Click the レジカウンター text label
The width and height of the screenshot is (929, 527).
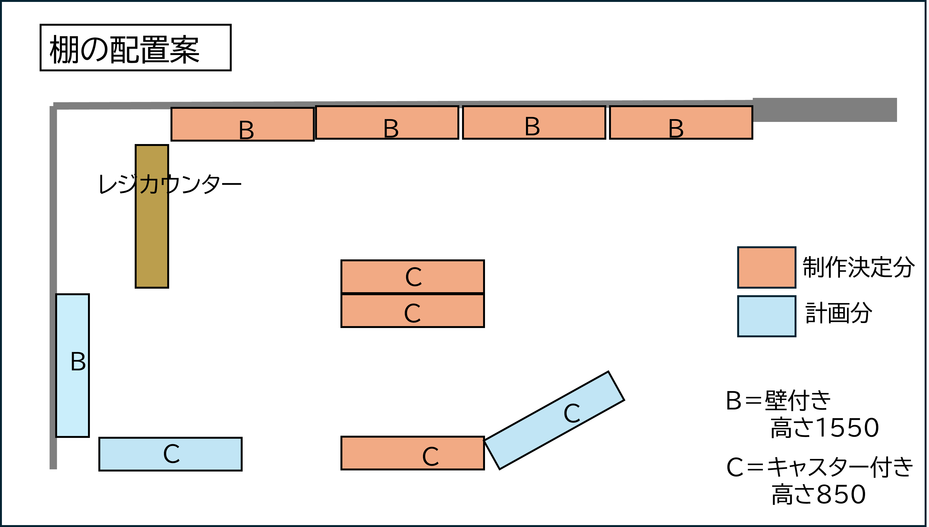coord(169,184)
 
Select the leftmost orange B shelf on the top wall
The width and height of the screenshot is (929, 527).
coord(242,124)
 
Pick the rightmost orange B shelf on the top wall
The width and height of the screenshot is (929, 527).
coord(681,122)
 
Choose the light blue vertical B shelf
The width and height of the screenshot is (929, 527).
coord(72,365)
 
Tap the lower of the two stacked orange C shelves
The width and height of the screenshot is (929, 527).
coord(412,311)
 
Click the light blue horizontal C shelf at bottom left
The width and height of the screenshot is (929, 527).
coord(170,454)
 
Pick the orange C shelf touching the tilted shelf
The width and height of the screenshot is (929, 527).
coord(412,453)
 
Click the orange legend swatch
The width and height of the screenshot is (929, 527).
coord(767,268)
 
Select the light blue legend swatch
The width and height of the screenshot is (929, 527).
coord(767,316)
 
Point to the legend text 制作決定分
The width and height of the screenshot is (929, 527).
coord(858,268)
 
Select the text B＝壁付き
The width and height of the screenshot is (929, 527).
coord(778,401)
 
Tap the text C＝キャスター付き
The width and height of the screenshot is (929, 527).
coord(819,467)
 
